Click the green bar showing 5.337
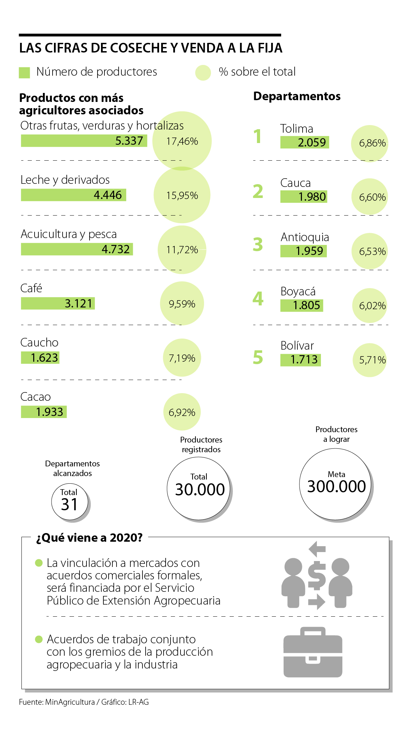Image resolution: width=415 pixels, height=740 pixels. pyautogui.click(x=84, y=141)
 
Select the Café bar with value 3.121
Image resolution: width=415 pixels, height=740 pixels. pyautogui.click(x=58, y=303)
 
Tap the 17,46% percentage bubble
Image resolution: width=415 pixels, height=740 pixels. pyautogui.click(x=182, y=141)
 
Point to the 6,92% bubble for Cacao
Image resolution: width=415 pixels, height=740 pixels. pyautogui.click(x=182, y=412)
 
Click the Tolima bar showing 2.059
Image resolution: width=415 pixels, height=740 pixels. pyautogui.click(x=304, y=142)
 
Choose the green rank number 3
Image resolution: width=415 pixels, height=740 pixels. pyautogui.click(x=258, y=244)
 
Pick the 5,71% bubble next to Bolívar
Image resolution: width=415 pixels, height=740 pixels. pyautogui.click(x=370, y=360)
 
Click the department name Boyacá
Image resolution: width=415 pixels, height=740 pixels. pyautogui.click(x=298, y=291)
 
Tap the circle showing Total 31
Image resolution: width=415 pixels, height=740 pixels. pyautogui.click(x=70, y=502)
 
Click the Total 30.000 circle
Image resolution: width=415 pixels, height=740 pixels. pyautogui.click(x=199, y=488)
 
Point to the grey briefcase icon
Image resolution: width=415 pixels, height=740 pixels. pyautogui.click(x=313, y=652)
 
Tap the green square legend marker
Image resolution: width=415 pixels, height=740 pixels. pyautogui.click(x=24, y=73)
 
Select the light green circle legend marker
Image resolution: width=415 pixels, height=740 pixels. pyautogui.click(x=203, y=73)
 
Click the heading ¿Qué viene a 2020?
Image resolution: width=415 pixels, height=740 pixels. pyautogui.click(x=89, y=538)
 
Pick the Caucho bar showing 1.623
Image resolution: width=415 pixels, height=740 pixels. pyautogui.click(x=40, y=358)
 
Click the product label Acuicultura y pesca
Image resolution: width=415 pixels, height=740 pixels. pyautogui.click(x=68, y=234)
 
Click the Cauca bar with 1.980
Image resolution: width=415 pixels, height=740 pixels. pyautogui.click(x=304, y=197)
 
